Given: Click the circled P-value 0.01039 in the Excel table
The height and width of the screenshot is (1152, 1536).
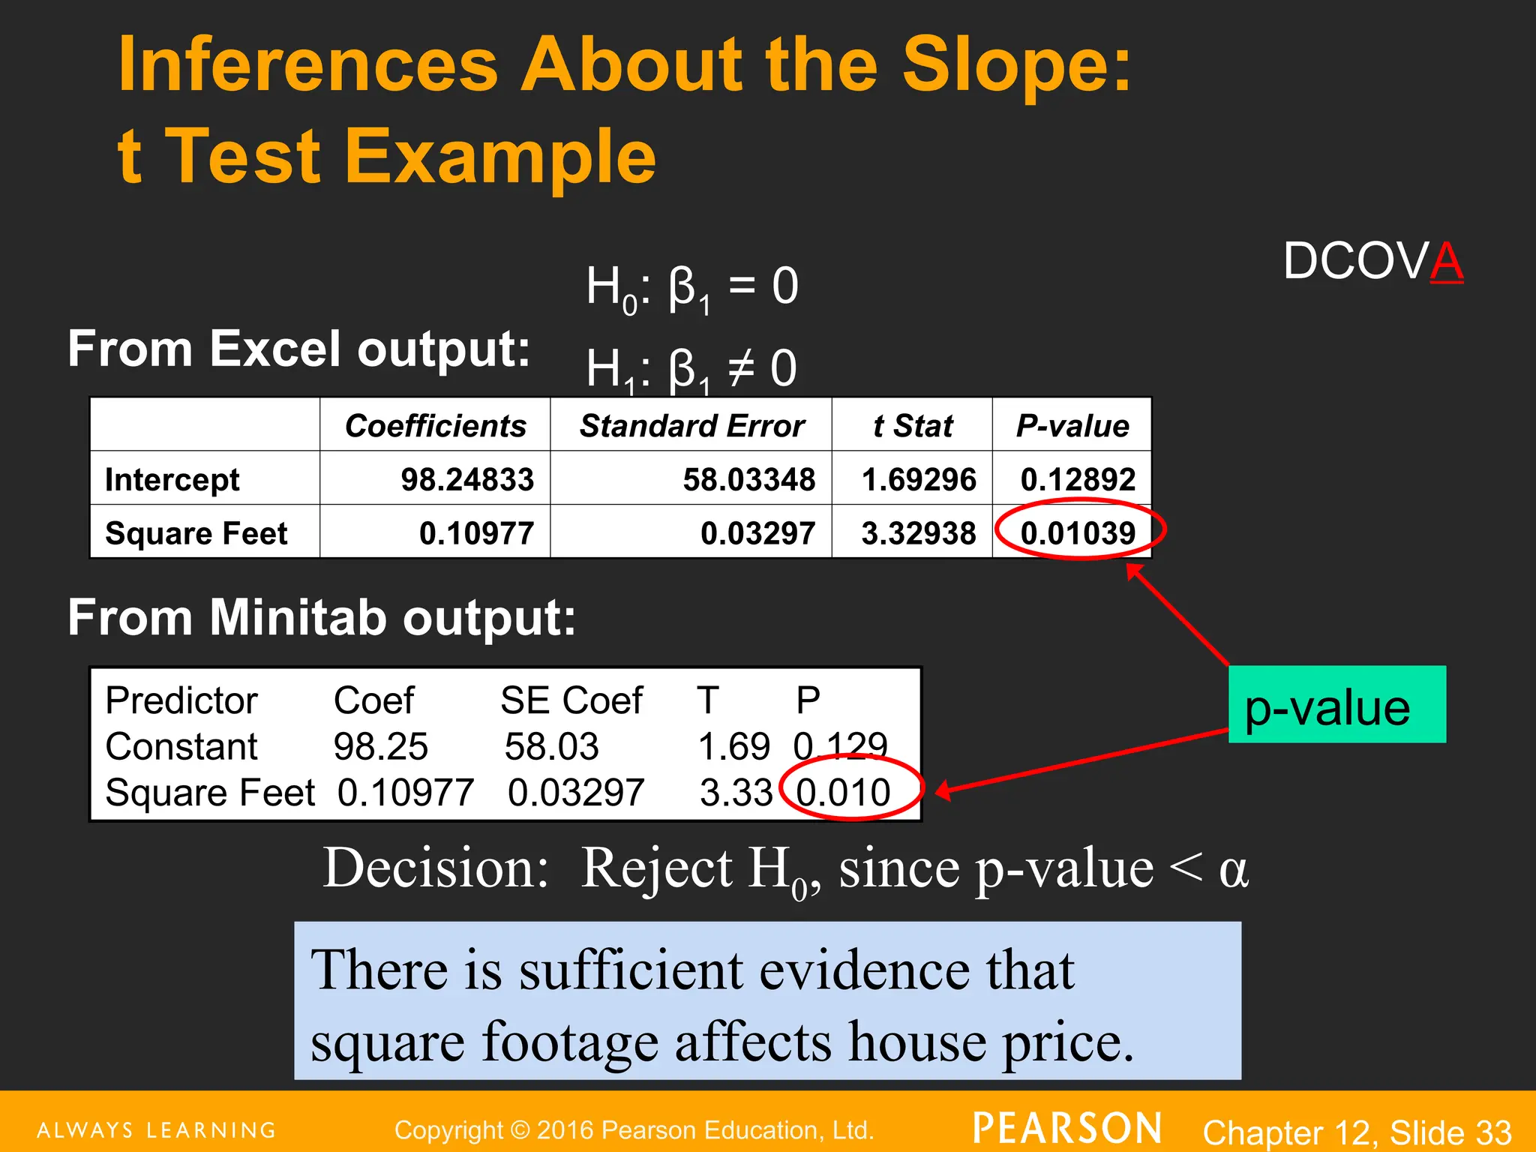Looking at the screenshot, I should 1078,533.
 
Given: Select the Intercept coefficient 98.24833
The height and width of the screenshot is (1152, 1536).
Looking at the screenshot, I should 466,479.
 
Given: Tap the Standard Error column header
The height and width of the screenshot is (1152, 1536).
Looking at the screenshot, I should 691,426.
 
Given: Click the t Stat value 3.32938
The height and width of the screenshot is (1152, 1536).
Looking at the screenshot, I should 918,533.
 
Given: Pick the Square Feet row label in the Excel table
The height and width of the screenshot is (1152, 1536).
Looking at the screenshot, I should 196,533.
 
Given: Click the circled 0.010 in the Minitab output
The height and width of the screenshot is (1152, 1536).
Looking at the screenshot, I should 843,792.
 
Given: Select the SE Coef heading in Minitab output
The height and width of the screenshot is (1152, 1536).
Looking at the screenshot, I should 571,700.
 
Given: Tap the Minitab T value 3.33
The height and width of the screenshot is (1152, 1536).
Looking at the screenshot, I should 735,792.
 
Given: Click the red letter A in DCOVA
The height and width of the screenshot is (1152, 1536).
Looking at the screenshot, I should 1447,262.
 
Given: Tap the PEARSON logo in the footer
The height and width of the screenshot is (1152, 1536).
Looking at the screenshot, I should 1067,1129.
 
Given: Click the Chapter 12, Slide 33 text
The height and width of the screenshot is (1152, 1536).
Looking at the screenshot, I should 1357,1132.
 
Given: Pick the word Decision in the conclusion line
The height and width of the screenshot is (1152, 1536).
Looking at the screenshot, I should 436,868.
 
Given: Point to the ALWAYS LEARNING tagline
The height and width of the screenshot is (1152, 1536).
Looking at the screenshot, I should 157,1130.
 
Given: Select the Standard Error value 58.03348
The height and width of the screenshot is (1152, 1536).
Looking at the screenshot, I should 748,479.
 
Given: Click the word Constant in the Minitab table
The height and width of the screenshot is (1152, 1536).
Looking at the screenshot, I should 181,746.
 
